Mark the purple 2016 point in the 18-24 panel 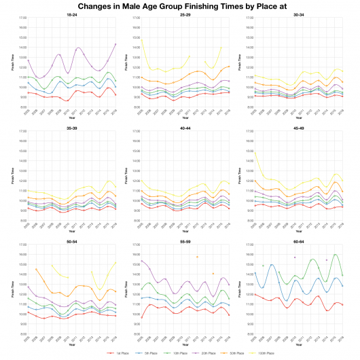[x=116, y=44]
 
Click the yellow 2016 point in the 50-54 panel [x=116, y=262]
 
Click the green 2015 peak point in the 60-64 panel [x=335, y=255]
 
